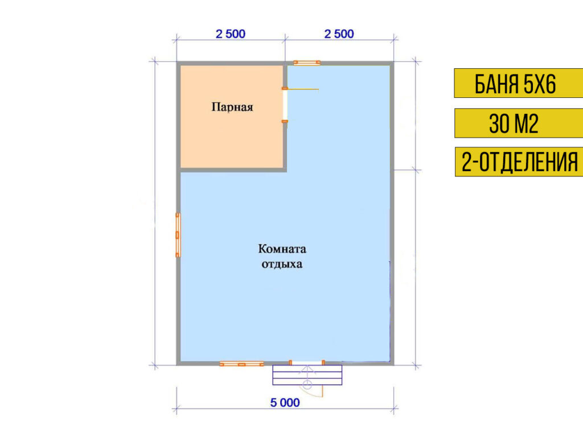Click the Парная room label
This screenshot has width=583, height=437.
tap(232, 107)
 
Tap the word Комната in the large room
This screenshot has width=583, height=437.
tap(282, 249)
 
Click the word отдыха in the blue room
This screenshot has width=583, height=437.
tap(282, 264)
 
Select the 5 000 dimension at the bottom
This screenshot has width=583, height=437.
tap(285, 402)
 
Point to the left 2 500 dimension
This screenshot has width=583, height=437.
tap(231, 34)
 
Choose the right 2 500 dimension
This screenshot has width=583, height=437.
tap(339, 34)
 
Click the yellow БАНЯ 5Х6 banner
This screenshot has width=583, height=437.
tap(519, 83)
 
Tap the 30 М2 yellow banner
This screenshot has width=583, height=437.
tap(519, 123)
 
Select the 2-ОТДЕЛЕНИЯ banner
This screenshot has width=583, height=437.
tap(519, 162)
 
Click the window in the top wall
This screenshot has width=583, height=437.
tap(307, 63)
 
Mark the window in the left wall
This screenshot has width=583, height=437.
tap(178, 235)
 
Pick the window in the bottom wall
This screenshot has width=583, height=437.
tap(241, 364)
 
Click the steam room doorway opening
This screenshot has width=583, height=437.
tap(285, 105)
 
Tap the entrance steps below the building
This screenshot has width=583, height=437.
tap(307, 375)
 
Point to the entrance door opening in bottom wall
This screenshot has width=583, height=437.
tap(307, 362)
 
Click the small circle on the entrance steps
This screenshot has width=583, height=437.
tap(307, 384)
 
